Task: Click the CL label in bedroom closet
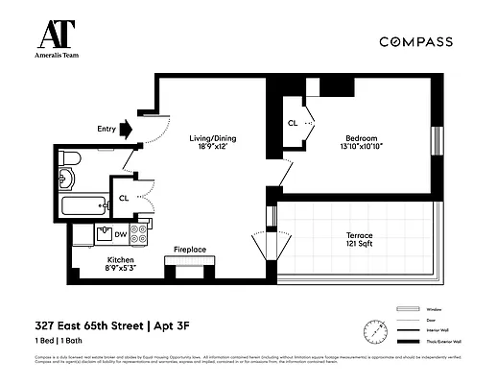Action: click(292, 123)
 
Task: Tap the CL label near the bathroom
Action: click(124, 198)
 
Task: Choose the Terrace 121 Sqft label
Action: click(359, 240)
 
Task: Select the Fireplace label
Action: click(189, 250)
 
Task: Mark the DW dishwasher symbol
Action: click(120, 233)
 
